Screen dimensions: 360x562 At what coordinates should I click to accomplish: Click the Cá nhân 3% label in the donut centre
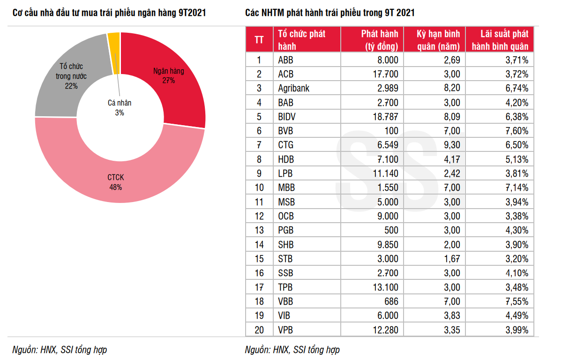click(120, 108)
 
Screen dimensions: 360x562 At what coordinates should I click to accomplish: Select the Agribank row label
click(294, 88)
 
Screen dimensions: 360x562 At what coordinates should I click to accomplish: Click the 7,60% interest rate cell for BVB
click(515, 131)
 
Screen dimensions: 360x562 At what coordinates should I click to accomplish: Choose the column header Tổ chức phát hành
click(301, 40)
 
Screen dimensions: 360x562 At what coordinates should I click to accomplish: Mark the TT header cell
click(259, 40)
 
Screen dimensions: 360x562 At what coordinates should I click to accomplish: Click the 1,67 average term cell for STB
click(452, 259)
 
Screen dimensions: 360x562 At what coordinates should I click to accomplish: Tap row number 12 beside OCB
click(259, 216)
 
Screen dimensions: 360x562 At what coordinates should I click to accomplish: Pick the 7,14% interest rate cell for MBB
click(515, 187)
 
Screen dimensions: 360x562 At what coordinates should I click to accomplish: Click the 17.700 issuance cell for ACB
click(384, 74)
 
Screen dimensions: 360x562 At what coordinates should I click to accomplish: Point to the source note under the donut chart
click(60, 350)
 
